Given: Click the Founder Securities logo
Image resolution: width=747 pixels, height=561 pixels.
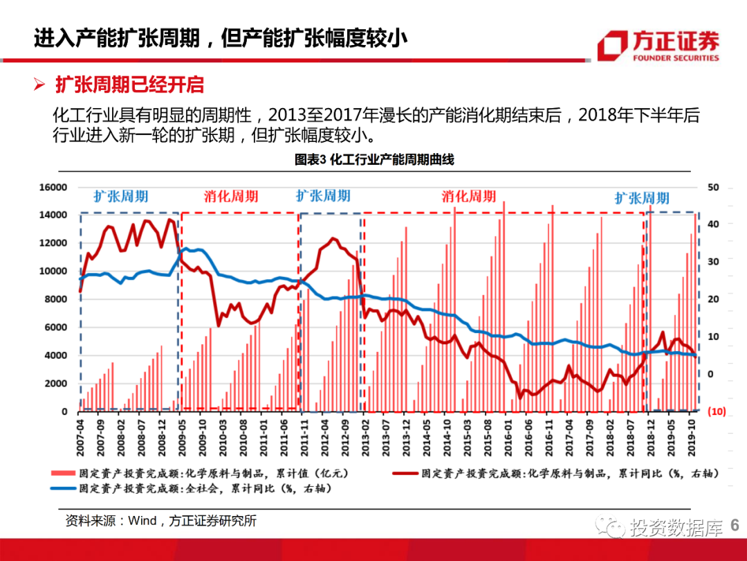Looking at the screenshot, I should [x=658, y=46].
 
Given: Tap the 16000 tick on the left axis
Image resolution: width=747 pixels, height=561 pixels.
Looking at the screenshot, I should [x=54, y=187].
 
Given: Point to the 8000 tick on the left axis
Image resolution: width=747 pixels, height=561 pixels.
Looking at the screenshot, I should [x=56, y=299].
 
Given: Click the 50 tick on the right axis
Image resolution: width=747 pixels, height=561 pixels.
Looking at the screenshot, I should [x=714, y=187].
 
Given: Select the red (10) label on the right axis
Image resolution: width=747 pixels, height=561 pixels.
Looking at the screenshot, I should [x=716, y=411].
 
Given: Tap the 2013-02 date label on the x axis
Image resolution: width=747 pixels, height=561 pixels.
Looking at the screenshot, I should [x=364, y=434].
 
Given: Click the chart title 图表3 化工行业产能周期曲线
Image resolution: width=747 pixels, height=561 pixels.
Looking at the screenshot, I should [x=374, y=160].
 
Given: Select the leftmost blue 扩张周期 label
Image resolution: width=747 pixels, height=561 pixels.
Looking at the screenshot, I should [x=121, y=196].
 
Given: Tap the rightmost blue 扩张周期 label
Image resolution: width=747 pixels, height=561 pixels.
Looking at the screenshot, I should [x=642, y=198].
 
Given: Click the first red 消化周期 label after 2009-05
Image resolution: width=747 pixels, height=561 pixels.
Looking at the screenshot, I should [x=231, y=196].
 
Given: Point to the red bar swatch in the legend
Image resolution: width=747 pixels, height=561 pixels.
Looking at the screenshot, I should [x=63, y=474].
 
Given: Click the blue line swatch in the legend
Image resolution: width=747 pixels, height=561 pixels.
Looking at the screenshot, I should [x=63, y=488].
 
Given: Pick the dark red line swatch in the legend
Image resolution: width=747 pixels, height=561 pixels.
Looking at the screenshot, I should [x=406, y=474].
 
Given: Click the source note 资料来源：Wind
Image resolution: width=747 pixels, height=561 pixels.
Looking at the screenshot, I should [x=160, y=521].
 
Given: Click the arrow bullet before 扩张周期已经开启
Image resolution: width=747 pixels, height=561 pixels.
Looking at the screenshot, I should [x=40, y=85].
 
